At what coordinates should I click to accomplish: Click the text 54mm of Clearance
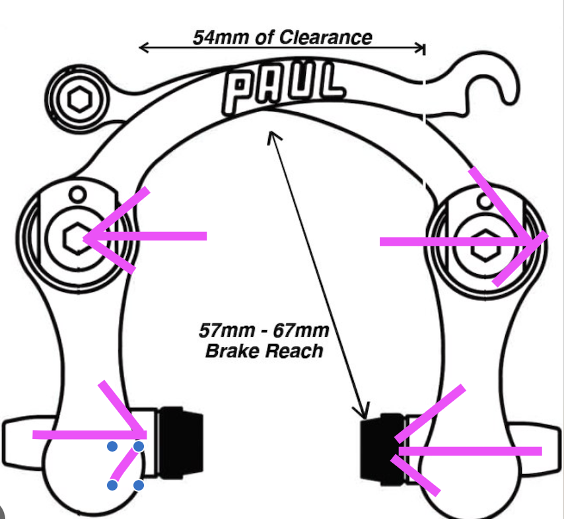coord(282,36)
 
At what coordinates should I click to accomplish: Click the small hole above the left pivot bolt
coord(79,195)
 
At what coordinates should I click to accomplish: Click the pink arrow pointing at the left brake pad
coord(89,434)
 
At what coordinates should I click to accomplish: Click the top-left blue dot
coord(112,447)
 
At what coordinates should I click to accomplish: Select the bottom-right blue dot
coord(139,485)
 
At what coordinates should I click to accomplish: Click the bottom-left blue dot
coord(112,485)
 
